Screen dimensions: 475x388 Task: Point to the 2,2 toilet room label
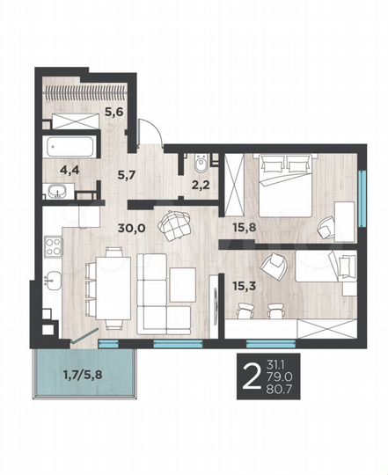(x=201, y=185)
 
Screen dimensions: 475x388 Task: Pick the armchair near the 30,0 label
(x=175, y=224)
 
